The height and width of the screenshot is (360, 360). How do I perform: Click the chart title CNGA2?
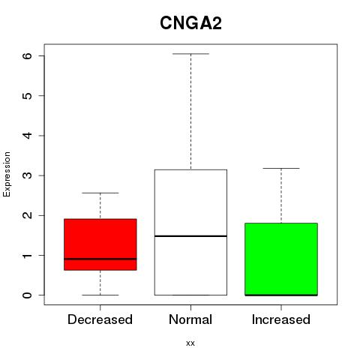190,23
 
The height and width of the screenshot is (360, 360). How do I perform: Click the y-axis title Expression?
7,175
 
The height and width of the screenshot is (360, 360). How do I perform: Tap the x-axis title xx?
190,343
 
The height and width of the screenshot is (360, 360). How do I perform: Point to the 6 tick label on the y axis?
27,55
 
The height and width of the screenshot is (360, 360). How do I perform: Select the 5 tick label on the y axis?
27,95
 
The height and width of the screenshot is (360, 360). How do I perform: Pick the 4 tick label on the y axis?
27,136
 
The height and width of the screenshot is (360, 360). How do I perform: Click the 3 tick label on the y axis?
27,175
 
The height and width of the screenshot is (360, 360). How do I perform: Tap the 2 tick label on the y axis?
27,215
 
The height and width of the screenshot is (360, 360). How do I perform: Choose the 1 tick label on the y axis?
27,255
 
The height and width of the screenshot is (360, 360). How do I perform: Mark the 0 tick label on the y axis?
27,295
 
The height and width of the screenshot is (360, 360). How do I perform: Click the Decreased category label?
100,319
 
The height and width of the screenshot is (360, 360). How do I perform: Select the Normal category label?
190,319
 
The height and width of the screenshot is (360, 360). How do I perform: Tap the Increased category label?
281,319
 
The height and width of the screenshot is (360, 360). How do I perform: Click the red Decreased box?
100,244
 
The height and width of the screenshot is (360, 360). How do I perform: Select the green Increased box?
281,259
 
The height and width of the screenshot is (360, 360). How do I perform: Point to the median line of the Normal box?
190,236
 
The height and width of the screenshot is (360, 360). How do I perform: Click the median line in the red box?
100,259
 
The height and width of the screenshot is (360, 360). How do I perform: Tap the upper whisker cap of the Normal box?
190,54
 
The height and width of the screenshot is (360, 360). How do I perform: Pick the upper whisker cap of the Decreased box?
100,193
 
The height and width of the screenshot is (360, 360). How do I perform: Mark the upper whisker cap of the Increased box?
281,168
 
